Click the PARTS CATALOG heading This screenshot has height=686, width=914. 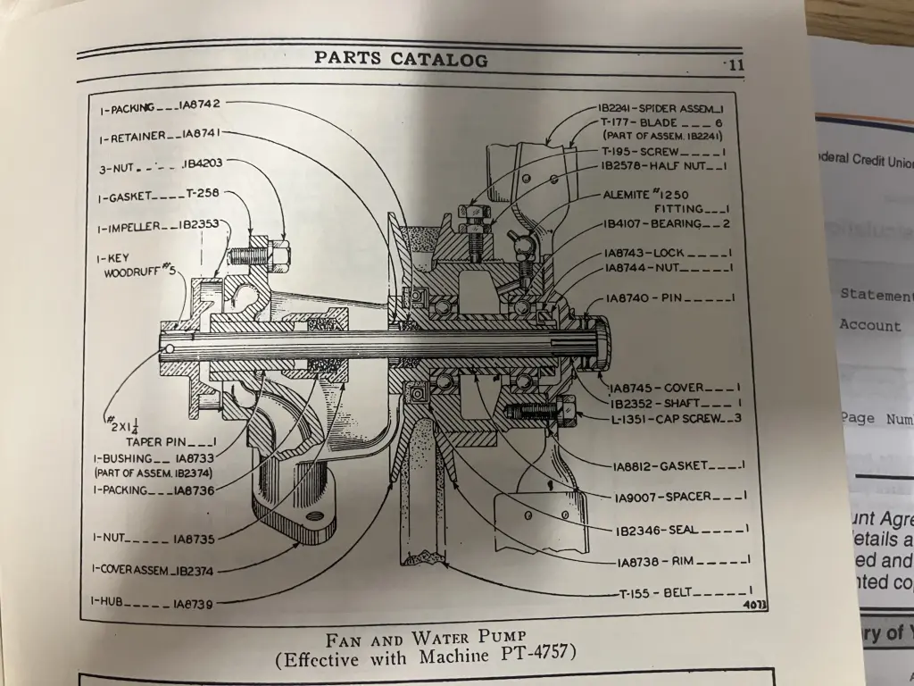(x=401, y=60)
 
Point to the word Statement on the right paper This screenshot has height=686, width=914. (x=876, y=295)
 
